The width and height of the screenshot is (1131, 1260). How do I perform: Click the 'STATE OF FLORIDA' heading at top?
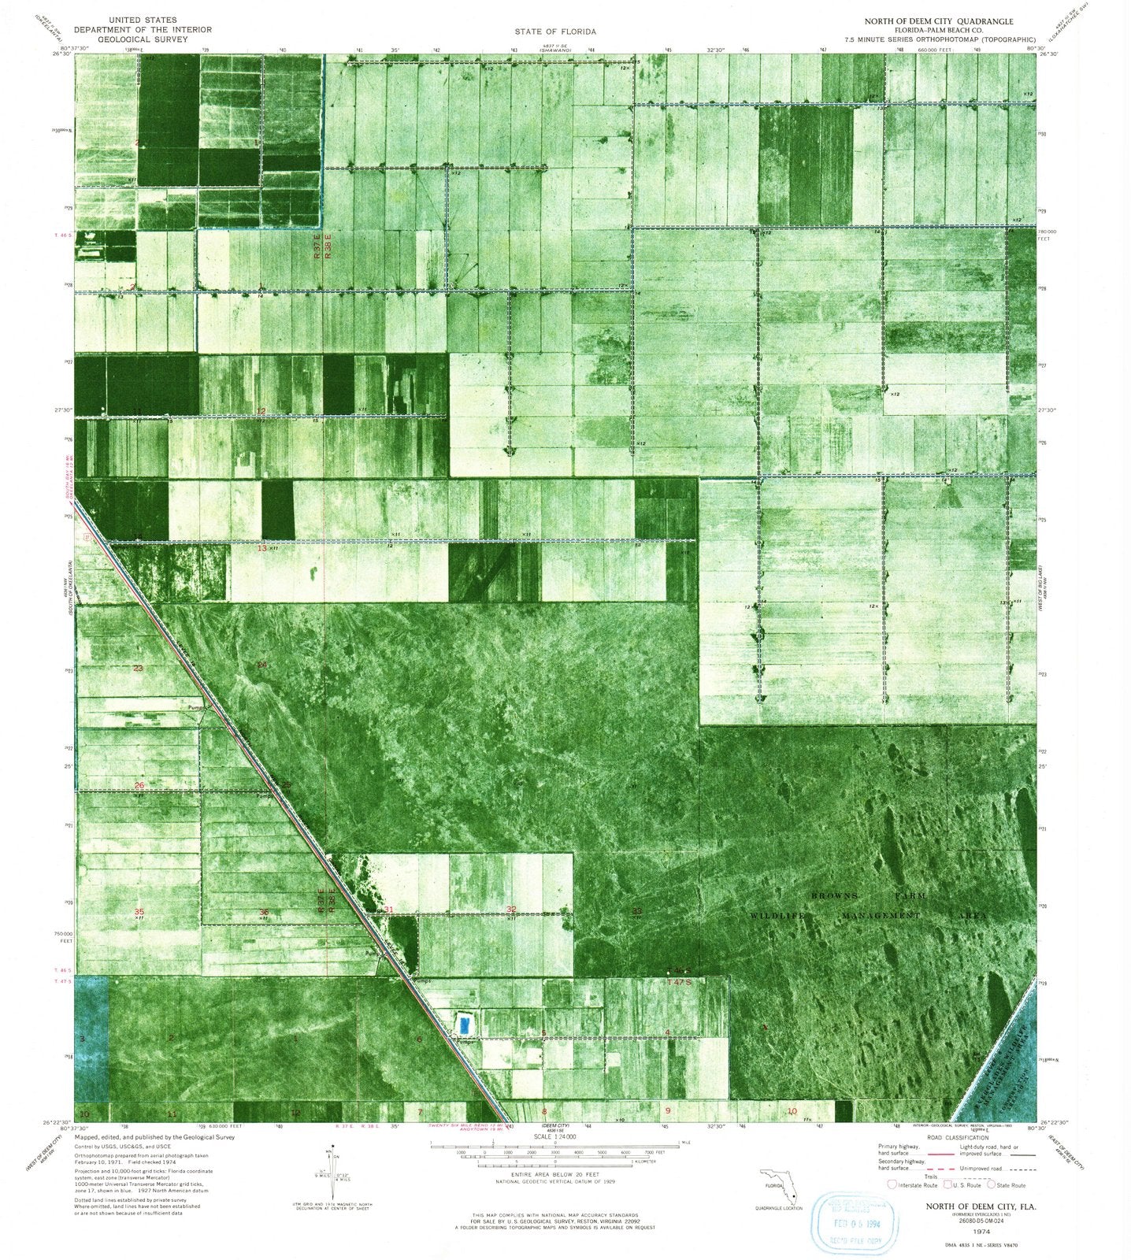pos(555,31)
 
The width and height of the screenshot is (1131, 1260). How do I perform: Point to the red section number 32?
pos(511,910)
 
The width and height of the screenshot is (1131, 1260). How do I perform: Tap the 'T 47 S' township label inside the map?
pos(678,983)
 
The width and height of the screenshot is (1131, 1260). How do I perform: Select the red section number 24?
pos(262,665)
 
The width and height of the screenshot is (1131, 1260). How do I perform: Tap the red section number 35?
pos(139,911)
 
